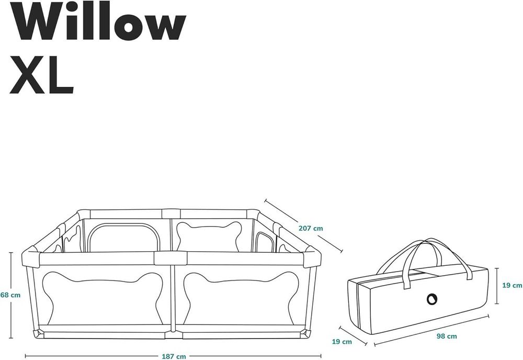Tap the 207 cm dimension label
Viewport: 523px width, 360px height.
tap(311, 229)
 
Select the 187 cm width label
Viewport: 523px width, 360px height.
tap(174, 356)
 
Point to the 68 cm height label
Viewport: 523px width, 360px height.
tap(10, 295)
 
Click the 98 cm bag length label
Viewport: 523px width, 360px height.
tap(447, 336)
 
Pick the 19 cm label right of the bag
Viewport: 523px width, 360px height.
tap(512, 285)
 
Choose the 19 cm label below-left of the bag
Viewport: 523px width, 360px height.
tap(342, 342)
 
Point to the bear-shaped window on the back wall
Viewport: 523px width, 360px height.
tap(209, 236)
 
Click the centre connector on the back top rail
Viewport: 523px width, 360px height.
tap(171, 214)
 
